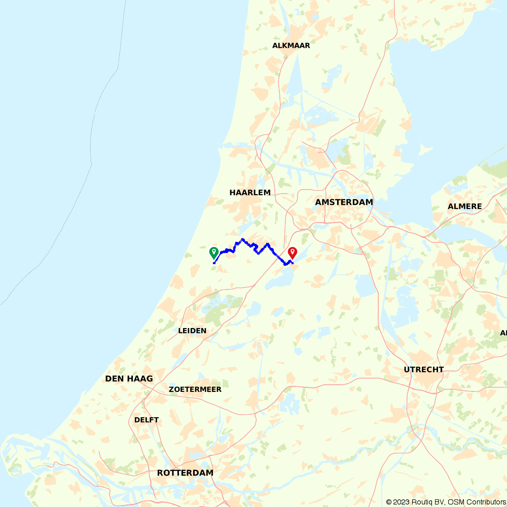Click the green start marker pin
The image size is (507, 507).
tap(214, 252)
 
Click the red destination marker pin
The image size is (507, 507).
tap(292, 252)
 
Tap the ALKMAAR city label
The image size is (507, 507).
tap(291, 45)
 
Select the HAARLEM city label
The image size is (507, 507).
tap(250, 193)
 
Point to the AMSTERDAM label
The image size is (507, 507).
tap(344, 202)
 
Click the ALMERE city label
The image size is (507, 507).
tap(464, 206)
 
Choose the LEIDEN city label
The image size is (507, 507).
tap(192, 331)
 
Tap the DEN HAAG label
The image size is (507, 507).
tap(129, 379)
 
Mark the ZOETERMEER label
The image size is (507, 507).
tap(195, 389)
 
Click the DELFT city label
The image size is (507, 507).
tap(147, 420)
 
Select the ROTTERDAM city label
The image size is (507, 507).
tap(185, 473)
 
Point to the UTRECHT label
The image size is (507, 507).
tap(423, 370)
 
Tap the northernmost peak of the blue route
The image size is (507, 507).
tap(243, 239)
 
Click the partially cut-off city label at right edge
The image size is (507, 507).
tap(503, 333)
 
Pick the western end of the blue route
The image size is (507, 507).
tap(214, 263)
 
